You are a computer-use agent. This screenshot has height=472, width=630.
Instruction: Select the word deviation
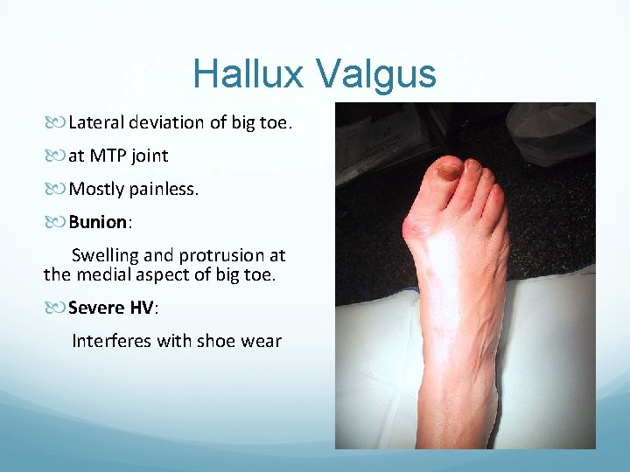tap(167, 122)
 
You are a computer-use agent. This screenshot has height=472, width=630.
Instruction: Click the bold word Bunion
tap(98, 222)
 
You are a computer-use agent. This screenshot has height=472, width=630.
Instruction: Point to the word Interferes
tap(110, 341)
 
